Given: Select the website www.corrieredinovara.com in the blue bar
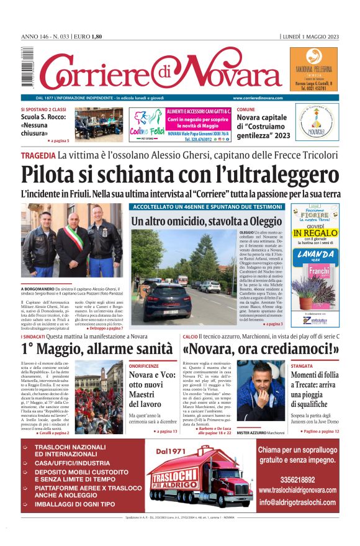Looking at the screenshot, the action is pos(258,98).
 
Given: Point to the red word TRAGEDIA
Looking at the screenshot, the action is pos(37,155).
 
